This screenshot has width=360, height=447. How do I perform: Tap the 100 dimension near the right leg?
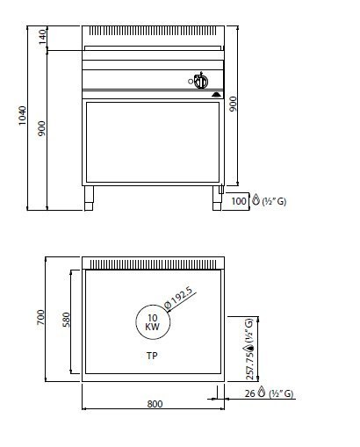point(239,201)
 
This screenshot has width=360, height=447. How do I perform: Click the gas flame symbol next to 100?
point(256,200)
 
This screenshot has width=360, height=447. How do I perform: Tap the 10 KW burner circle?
point(152,321)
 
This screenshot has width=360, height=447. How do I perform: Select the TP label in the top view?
point(153,357)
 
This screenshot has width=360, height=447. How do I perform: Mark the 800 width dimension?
point(155,404)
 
